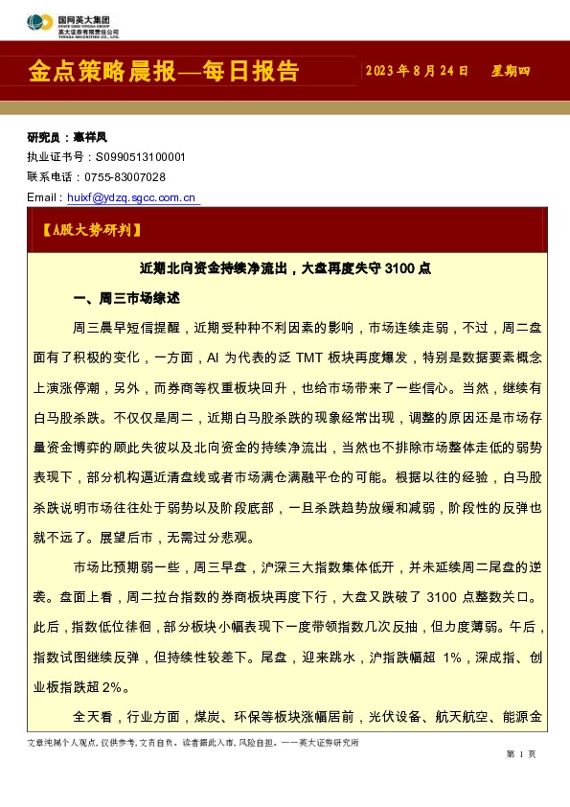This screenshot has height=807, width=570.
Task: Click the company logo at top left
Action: click(71, 26)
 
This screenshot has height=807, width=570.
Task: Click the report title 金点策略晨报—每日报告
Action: click(164, 71)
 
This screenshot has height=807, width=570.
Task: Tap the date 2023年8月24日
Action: click(417, 72)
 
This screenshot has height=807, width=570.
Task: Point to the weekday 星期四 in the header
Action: click(511, 72)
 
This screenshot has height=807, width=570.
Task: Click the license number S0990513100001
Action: click(139, 157)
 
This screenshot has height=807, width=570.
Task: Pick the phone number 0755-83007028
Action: click(125, 177)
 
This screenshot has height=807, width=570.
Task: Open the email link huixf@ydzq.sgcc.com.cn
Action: click(132, 197)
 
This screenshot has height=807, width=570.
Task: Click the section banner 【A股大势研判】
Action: click(92, 230)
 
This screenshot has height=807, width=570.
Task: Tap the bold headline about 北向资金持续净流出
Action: click(285, 270)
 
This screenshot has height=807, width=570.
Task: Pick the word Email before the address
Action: click(44, 197)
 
